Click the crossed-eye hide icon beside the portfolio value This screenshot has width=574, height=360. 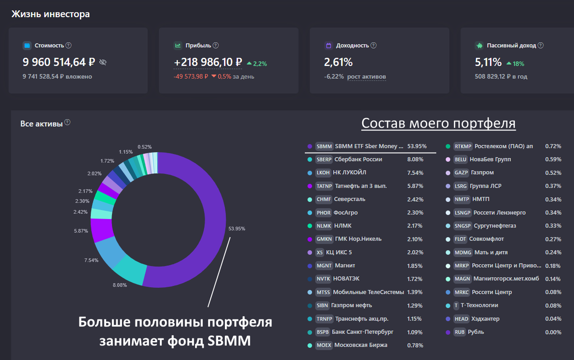(103, 62)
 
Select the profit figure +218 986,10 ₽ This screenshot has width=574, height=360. (208, 62)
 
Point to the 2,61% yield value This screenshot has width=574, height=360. (338, 62)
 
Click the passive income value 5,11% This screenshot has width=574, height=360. (488, 62)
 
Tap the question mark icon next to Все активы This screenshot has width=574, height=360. (67, 122)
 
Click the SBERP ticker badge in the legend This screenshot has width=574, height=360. (324, 159)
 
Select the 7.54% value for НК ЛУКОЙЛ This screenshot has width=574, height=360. (415, 173)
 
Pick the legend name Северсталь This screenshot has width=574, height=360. (350, 199)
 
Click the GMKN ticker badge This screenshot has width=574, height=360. (324, 239)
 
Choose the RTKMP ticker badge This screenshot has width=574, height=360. (463, 146)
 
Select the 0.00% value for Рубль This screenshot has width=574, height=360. (553, 332)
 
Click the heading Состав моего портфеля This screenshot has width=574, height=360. (438, 123)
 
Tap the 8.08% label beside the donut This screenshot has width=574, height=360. (119, 285)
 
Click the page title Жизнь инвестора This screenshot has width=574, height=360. (50, 14)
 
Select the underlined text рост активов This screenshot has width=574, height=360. (366, 76)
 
